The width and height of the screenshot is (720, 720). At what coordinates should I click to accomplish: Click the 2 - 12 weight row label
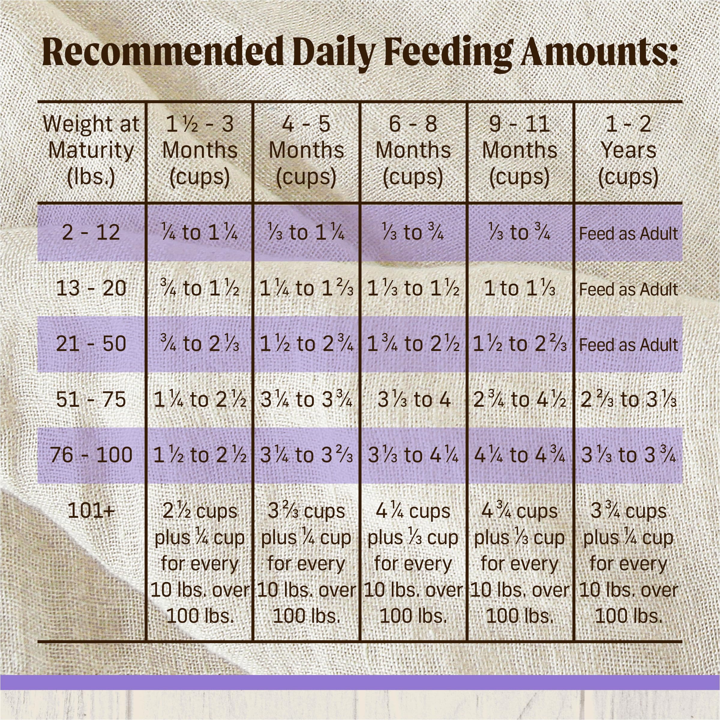click(x=91, y=232)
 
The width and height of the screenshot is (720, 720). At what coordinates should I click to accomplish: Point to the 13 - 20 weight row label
click(x=91, y=288)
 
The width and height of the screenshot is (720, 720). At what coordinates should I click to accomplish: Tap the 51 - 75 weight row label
click(x=91, y=400)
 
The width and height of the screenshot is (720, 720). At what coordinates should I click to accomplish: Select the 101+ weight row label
click(x=91, y=511)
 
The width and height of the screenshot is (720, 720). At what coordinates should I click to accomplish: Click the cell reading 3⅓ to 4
click(x=414, y=400)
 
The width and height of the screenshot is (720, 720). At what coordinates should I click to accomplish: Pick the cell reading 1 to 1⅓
click(x=520, y=288)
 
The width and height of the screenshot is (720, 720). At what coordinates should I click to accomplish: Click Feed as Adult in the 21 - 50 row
click(x=628, y=344)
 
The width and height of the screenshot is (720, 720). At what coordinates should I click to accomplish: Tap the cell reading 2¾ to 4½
click(x=520, y=400)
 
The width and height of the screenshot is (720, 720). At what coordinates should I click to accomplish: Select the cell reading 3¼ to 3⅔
click(x=306, y=455)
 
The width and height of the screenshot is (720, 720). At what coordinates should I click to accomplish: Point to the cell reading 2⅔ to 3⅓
click(x=628, y=400)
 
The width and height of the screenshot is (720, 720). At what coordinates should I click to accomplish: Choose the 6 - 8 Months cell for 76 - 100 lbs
click(x=414, y=455)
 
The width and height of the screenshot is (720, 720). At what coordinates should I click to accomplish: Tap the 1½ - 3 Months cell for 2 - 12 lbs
click(x=200, y=232)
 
